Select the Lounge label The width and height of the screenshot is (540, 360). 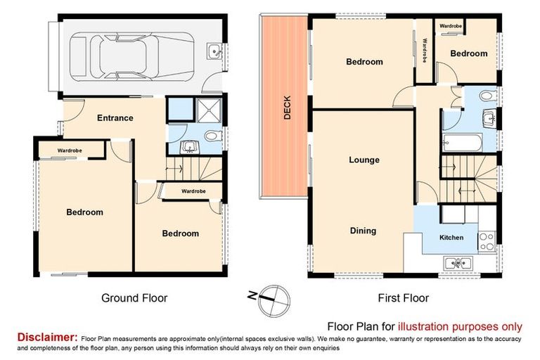(364, 160)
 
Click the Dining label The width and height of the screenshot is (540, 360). (363, 231)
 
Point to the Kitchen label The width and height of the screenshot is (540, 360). (451, 238)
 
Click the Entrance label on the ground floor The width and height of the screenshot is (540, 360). (115, 118)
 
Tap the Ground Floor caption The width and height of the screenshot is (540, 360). (134, 298)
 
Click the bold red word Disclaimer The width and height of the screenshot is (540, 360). (47, 337)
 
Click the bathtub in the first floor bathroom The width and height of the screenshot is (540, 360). (462, 144)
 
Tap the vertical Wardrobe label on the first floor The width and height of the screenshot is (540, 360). (425, 51)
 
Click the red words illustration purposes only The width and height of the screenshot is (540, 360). (460, 326)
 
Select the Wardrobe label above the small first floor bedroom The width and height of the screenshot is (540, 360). (450, 26)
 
